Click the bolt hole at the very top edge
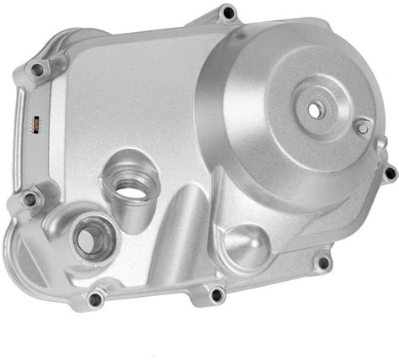coord(227,13)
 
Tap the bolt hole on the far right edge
coord(389,173)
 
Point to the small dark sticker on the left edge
coord(35,124)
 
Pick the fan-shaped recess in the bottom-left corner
coord(34,252)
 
